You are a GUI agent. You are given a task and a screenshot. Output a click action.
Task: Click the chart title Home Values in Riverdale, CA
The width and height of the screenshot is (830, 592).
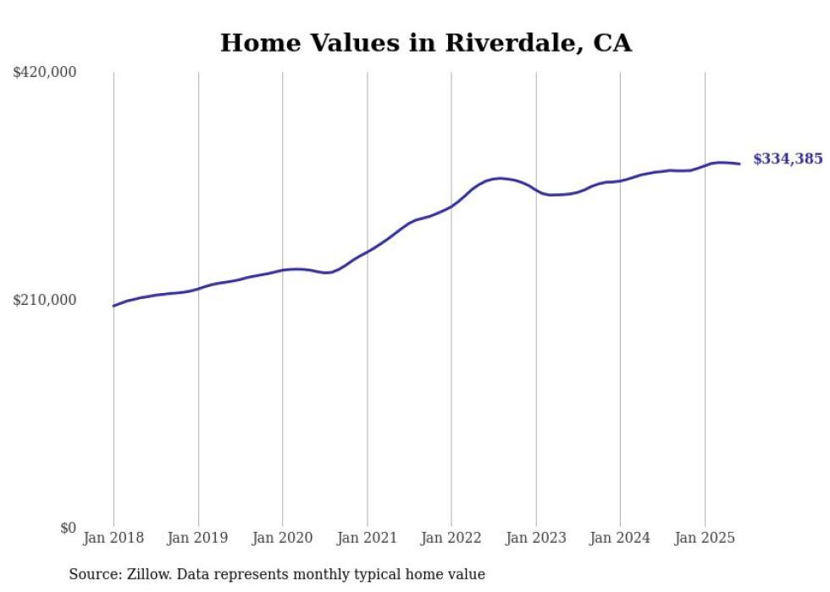click(425, 43)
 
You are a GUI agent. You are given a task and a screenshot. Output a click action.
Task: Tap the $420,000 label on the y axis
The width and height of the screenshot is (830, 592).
click(44, 73)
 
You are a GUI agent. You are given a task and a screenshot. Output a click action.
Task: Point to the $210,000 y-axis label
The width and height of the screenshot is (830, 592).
click(44, 300)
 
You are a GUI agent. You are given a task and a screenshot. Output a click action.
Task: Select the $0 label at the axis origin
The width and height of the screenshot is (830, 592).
click(68, 528)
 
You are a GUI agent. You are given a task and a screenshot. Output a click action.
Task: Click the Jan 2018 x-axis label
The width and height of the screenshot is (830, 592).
click(113, 538)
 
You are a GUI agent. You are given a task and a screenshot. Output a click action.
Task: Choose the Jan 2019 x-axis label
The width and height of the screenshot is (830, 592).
click(198, 538)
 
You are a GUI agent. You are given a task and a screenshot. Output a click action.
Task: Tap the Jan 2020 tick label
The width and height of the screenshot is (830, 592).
click(282, 538)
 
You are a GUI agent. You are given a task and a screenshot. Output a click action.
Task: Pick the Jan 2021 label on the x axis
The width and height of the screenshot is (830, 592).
click(367, 538)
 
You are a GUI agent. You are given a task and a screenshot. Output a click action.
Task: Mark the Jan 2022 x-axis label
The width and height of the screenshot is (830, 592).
click(451, 538)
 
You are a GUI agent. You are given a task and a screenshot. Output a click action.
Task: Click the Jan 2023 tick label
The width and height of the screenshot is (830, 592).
click(535, 538)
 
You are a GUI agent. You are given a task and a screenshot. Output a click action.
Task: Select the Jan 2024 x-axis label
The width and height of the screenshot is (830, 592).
click(620, 538)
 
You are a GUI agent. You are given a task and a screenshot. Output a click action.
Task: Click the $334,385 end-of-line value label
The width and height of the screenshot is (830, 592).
click(787, 158)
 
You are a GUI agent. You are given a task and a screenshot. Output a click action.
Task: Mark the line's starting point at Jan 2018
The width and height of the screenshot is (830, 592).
click(113, 306)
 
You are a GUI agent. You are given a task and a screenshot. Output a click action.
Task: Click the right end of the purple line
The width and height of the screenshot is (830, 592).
click(740, 163)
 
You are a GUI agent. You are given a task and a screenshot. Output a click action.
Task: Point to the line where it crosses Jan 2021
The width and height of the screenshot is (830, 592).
click(367, 252)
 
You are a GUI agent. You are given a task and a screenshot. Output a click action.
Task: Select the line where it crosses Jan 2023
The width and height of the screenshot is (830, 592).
click(535, 191)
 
